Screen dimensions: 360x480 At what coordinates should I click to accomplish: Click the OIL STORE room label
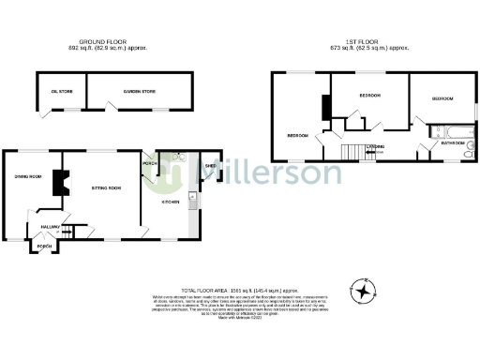(59, 91)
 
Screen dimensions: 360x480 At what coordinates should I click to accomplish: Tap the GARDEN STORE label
(138, 91)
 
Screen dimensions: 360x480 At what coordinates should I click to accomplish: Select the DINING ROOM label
(28, 175)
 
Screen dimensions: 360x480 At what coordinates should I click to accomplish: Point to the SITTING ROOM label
(104, 188)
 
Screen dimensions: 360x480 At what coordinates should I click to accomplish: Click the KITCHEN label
(170, 202)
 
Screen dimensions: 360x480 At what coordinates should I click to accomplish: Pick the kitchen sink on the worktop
(191, 197)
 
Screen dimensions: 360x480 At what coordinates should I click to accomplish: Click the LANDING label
(373, 146)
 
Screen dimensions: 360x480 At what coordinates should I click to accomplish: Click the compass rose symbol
(366, 287)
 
